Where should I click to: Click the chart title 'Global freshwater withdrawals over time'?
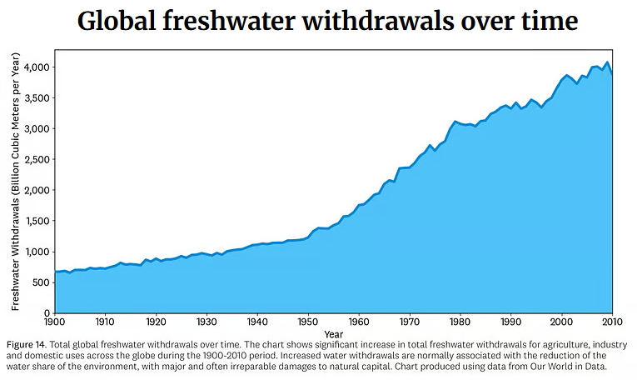pyautogui.click(x=318, y=21)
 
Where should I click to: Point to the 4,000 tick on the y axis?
pyautogui.click(x=37, y=67)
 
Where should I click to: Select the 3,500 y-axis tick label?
pyautogui.click(x=37, y=97)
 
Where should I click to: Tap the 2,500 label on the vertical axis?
pyautogui.click(x=37, y=159)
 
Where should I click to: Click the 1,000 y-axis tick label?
pyautogui.click(x=37, y=252)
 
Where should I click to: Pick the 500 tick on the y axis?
pyautogui.click(x=42, y=282)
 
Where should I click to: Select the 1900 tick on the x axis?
pyautogui.click(x=54, y=321)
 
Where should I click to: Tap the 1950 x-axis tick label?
pyautogui.click(x=308, y=321)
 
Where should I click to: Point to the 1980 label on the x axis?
pyautogui.click(x=460, y=321)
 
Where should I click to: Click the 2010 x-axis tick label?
pyautogui.click(x=613, y=321)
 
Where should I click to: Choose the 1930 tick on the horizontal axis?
pyautogui.click(x=207, y=321)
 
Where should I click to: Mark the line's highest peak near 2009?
pyautogui.click(x=607, y=62)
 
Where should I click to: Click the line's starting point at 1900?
pyautogui.click(x=55, y=272)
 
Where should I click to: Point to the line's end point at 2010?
pyautogui.click(x=613, y=75)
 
